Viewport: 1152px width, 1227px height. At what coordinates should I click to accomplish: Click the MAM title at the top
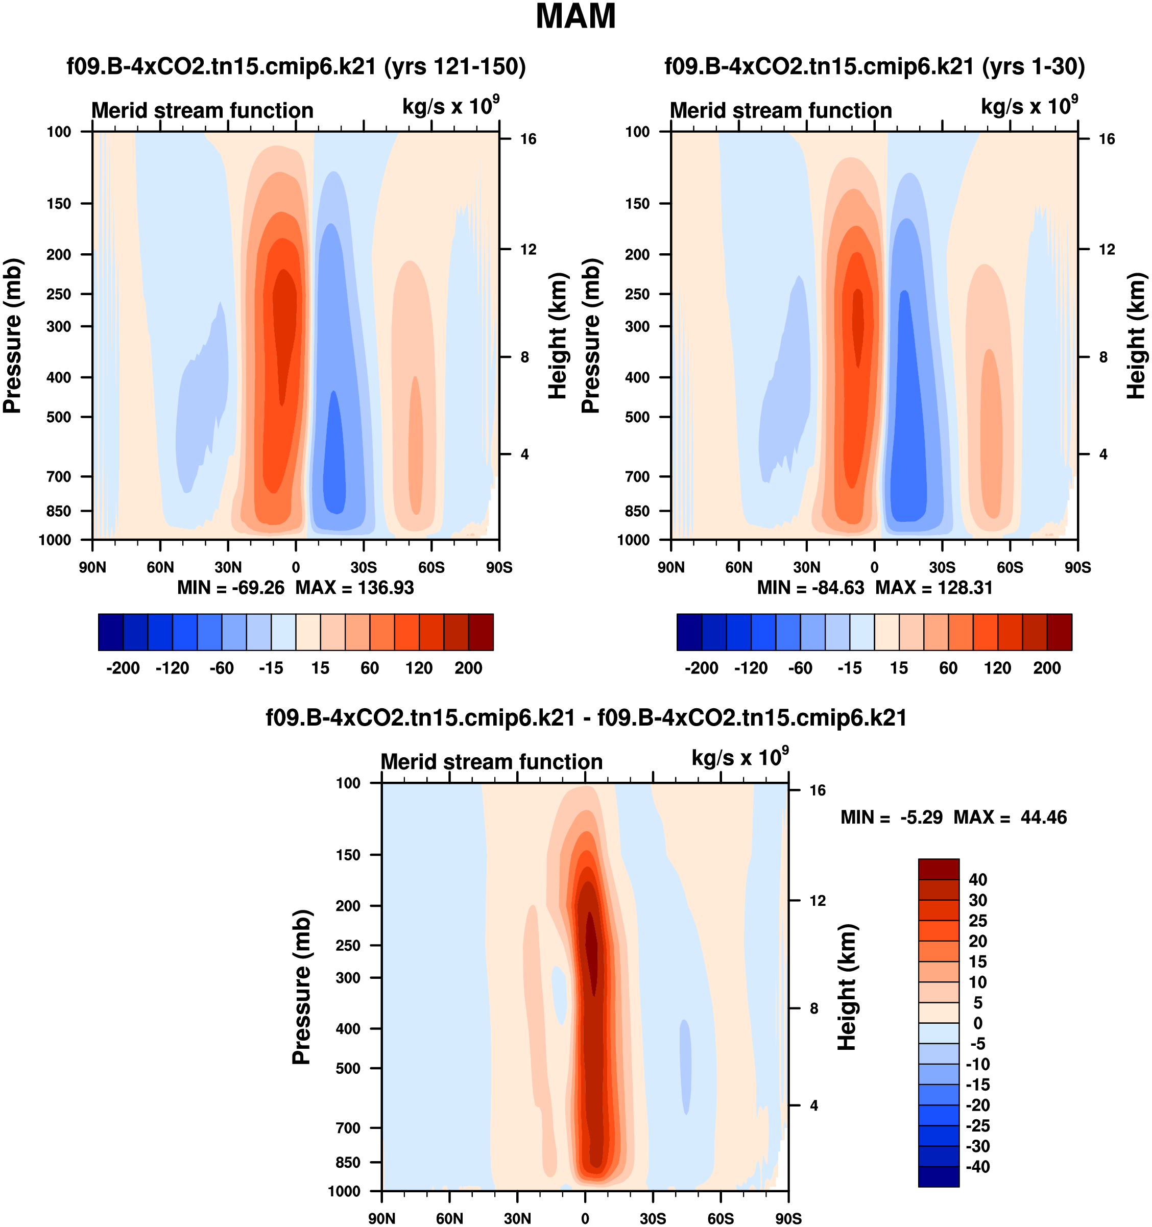(x=575, y=17)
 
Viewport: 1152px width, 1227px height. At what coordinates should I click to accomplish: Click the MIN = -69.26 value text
(x=231, y=588)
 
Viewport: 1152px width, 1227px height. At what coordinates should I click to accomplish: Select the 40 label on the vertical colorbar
(x=978, y=879)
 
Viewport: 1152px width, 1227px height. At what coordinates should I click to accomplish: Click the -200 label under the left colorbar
(x=123, y=668)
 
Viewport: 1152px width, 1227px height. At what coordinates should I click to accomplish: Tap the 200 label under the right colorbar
(x=1047, y=668)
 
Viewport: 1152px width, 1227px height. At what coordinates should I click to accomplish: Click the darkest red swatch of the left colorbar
(x=481, y=632)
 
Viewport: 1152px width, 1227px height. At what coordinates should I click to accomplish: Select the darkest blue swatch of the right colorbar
(x=689, y=632)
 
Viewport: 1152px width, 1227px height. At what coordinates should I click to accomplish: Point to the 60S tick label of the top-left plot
(x=431, y=567)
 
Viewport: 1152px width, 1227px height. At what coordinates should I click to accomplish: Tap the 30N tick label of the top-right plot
(x=806, y=567)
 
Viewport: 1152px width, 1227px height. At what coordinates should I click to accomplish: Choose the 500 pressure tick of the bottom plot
(x=348, y=1068)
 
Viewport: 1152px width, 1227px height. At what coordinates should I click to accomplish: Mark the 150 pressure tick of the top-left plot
(x=59, y=204)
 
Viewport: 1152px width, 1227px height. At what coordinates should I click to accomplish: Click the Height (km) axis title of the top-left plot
(x=558, y=336)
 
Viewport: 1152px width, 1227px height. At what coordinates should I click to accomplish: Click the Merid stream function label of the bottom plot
(x=491, y=762)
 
